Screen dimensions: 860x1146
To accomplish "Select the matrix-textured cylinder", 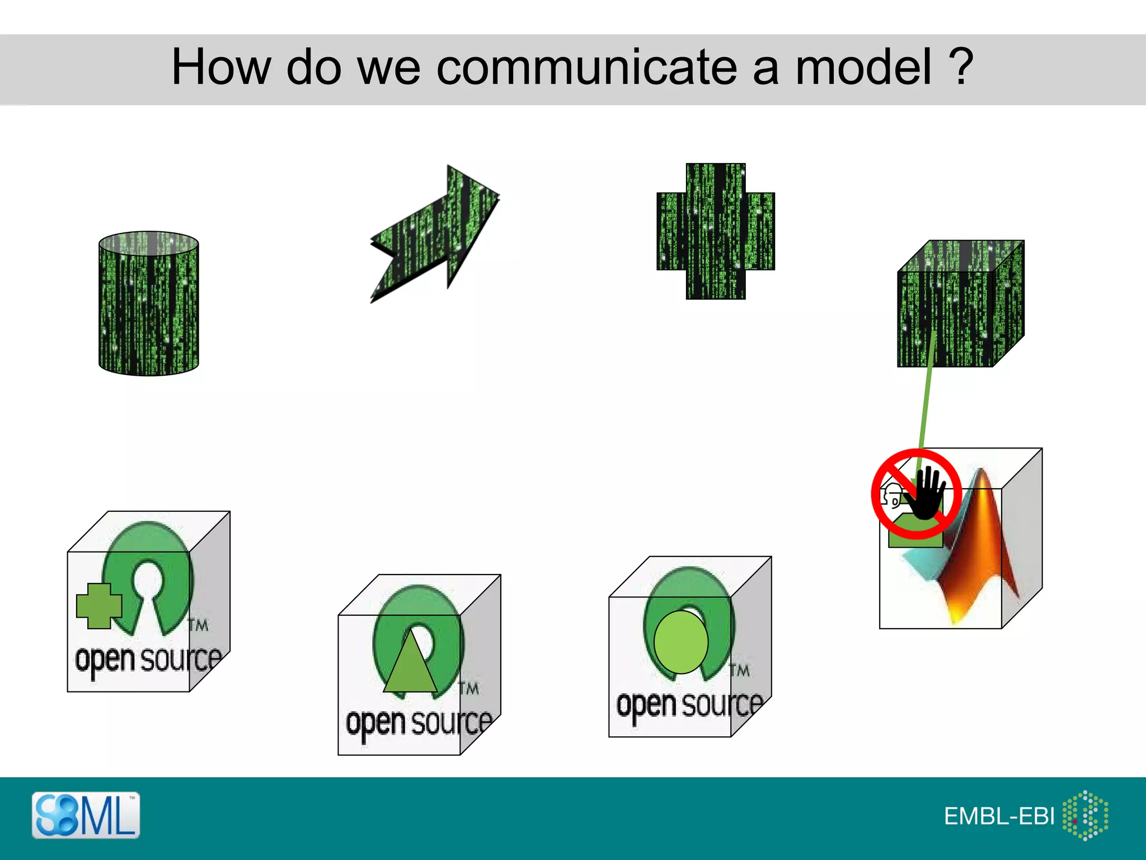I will tap(148, 303).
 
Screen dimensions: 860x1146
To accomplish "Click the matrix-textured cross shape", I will tap(716, 231).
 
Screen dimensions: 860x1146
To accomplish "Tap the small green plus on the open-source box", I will tap(99, 605).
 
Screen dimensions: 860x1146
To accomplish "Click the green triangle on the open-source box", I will tap(410, 663).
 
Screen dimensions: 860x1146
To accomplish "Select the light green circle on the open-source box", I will tap(680, 642).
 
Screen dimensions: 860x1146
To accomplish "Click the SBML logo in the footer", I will tap(86, 815).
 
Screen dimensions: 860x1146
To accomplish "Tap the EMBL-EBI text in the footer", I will tap(999, 816).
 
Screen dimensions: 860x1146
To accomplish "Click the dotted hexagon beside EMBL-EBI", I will tap(1086, 815).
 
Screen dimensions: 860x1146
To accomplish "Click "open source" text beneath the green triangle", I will tap(419, 723).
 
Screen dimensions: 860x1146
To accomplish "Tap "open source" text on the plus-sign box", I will tap(148, 660).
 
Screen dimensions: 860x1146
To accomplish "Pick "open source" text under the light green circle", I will tap(689, 705).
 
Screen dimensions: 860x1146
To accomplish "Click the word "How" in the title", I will tap(221, 67).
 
